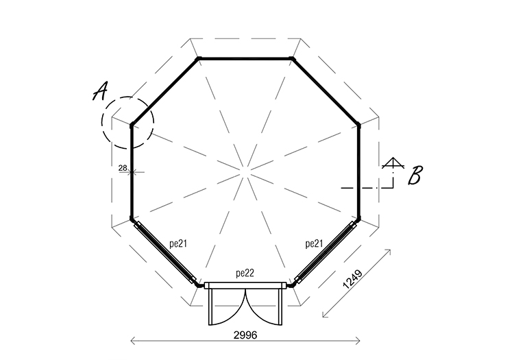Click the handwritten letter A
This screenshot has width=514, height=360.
pyautogui.click(x=100, y=91)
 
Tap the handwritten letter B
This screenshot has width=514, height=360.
pyautogui.click(x=415, y=175)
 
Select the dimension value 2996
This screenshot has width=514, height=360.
pyautogui.click(x=245, y=335)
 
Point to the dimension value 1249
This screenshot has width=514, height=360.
pyautogui.click(x=352, y=279)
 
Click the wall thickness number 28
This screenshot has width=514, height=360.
pyautogui.click(x=123, y=168)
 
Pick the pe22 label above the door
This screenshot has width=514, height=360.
pyautogui.click(x=245, y=274)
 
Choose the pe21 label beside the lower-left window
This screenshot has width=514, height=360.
pyautogui.click(x=178, y=243)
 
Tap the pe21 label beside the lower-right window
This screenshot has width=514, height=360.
pyautogui.click(x=314, y=243)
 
